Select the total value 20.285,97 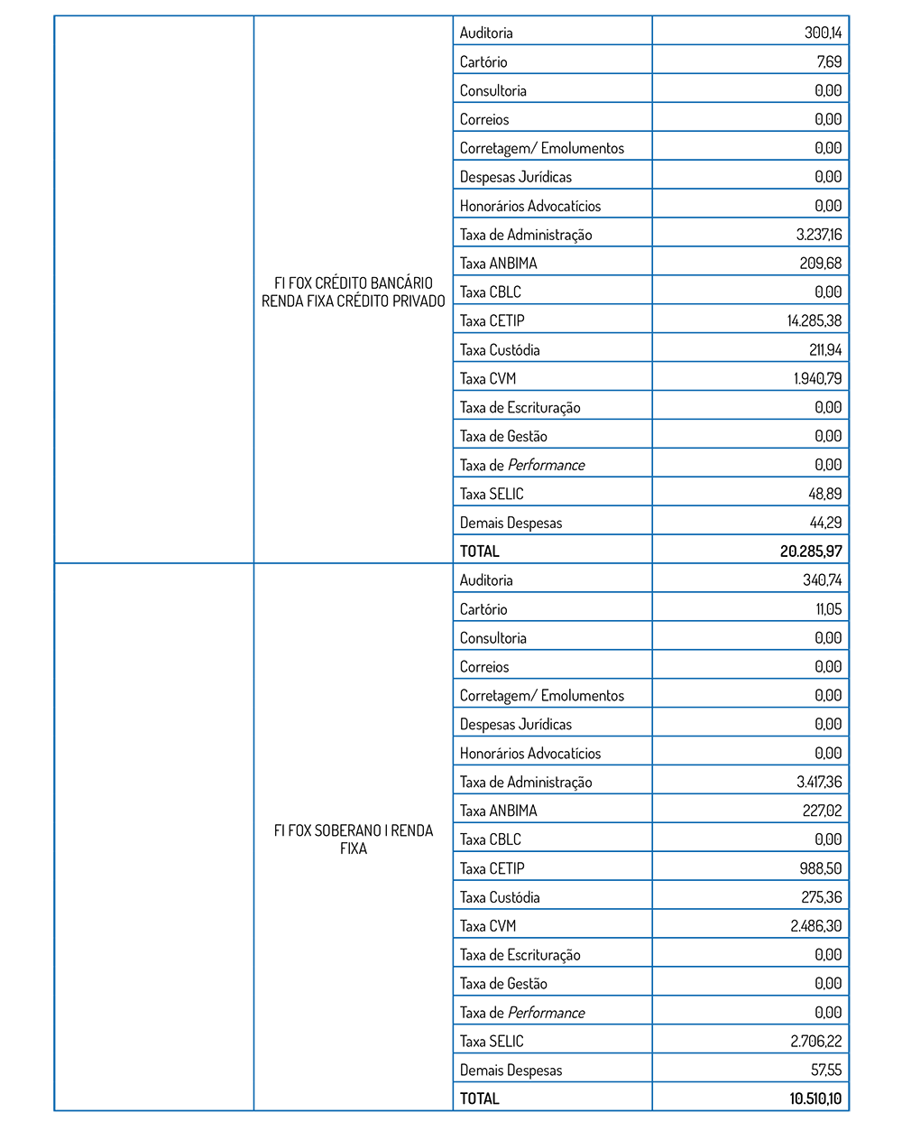[x=811, y=551]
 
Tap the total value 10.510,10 [x=815, y=1099]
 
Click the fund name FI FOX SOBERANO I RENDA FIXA [x=354, y=839]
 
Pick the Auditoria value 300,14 [x=823, y=32]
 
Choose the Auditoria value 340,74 [x=822, y=579]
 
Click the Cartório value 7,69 [x=829, y=61]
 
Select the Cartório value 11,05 [x=828, y=608]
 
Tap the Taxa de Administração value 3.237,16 [x=819, y=235]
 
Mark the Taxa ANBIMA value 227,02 [x=822, y=811]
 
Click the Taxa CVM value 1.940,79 [x=817, y=378]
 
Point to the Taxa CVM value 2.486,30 [x=815, y=925]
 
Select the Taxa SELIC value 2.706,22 [x=815, y=1041]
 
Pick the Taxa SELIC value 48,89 [x=825, y=494]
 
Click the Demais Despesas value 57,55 [x=826, y=1070]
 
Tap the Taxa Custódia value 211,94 [x=825, y=349]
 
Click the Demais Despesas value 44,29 [x=825, y=523]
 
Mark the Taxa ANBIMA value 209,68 [x=821, y=264]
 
